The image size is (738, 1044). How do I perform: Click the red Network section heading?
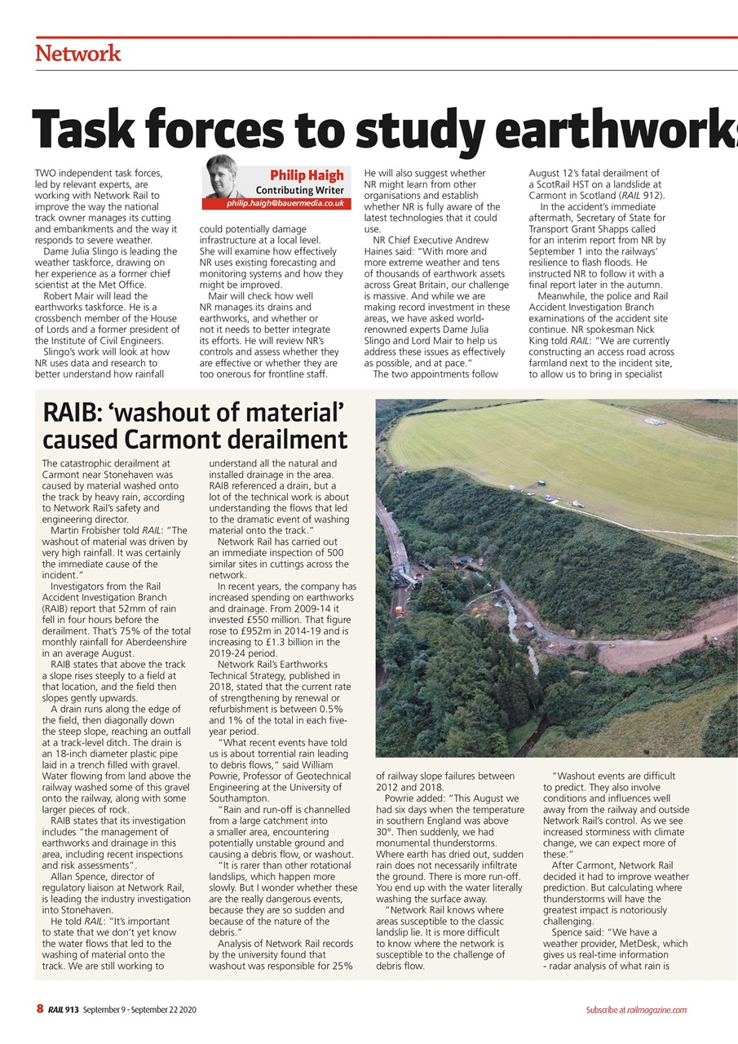(78, 54)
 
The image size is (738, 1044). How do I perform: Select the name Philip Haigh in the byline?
(307, 175)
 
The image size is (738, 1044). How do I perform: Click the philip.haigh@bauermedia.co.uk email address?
(285, 203)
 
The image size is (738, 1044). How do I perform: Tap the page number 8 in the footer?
(39, 1009)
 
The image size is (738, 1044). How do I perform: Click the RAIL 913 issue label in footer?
(63, 1009)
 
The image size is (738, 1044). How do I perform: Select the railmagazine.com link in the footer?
(656, 1010)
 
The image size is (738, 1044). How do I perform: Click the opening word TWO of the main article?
(46, 173)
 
